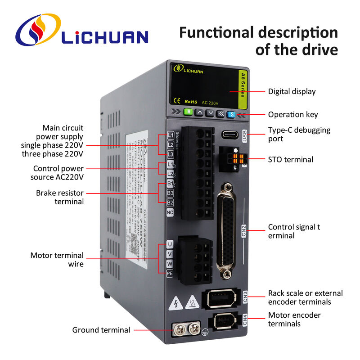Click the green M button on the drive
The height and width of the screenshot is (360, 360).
(189, 112)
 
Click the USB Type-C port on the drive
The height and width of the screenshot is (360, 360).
(231, 135)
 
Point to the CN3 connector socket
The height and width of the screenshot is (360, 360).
(222, 297)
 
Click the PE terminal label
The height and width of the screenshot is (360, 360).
(170, 273)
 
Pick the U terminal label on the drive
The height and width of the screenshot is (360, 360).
(170, 244)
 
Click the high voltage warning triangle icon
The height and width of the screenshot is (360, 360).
(174, 305)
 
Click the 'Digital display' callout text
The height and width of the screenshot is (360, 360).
(292, 91)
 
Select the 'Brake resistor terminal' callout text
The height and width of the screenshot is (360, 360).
(60, 197)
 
